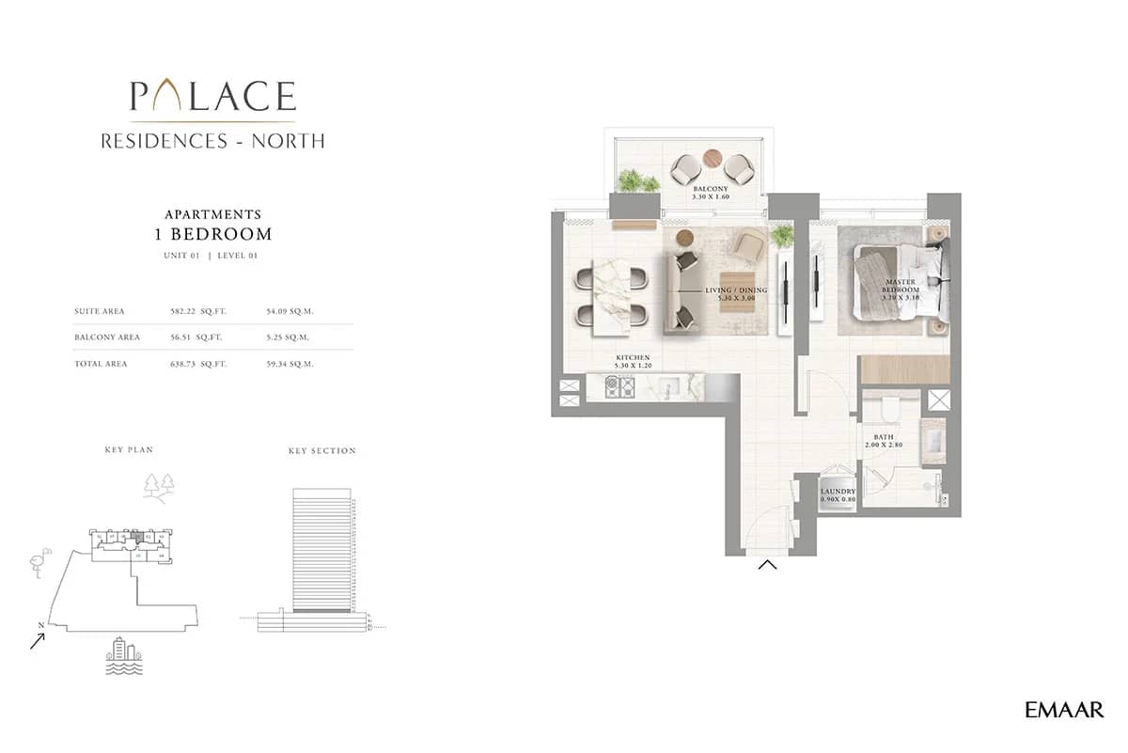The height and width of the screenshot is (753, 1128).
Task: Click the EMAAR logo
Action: (1064, 711)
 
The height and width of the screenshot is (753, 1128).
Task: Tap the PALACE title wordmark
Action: (212, 97)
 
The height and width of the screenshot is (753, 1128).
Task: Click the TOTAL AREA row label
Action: (101, 363)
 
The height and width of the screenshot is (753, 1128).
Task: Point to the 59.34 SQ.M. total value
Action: (290, 363)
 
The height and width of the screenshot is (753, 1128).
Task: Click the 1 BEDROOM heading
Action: (212, 234)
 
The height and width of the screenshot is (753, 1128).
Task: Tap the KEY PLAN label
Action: (129, 450)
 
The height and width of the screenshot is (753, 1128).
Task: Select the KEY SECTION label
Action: (321, 451)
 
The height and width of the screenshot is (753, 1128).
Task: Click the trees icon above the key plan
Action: (158, 485)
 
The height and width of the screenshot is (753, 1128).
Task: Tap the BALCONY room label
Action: (711, 189)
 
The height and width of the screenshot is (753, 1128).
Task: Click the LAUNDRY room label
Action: (838, 492)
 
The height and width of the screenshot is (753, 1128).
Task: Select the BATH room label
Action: (883, 437)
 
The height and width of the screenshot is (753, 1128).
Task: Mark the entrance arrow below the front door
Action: (767, 565)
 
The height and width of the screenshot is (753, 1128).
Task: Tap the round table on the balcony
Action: (713, 158)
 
